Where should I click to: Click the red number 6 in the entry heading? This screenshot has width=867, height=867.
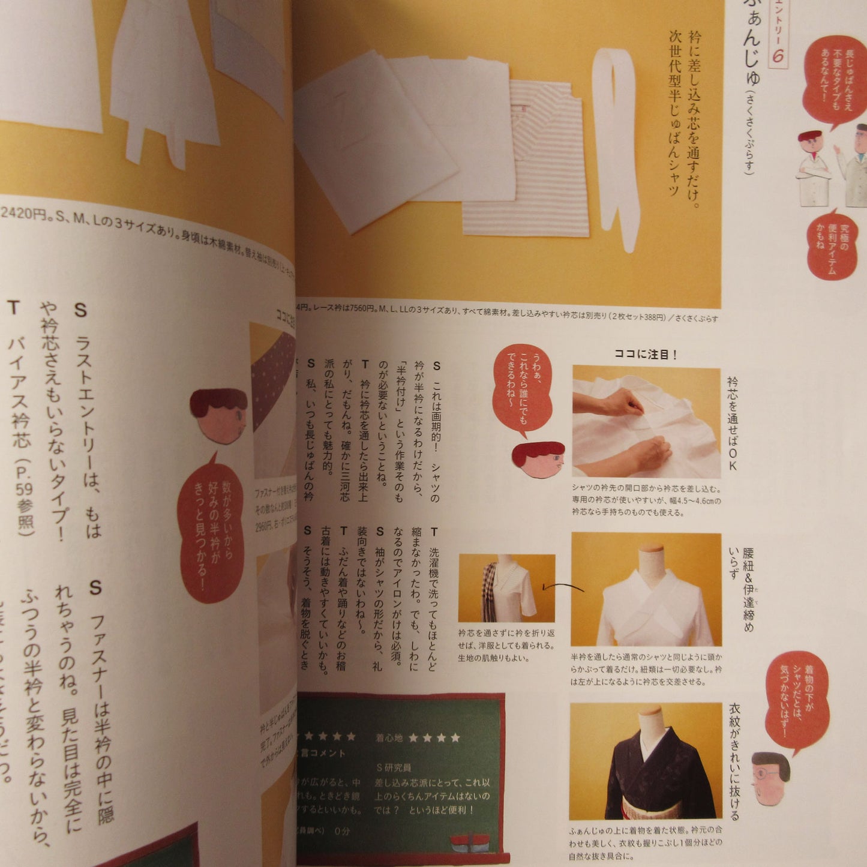coord(778,56)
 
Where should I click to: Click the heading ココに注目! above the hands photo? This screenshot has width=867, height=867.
coord(646,355)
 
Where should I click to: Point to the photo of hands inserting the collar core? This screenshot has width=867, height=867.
coord(646,422)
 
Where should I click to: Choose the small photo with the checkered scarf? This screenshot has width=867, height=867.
coord(506,588)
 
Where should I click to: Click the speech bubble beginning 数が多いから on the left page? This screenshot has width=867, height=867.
coord(211,528)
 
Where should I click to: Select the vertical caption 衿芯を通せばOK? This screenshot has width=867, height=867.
coord(732,423)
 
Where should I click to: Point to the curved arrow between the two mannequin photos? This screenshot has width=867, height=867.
coord(563,588)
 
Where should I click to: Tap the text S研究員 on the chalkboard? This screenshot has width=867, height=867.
coord(394,767)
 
